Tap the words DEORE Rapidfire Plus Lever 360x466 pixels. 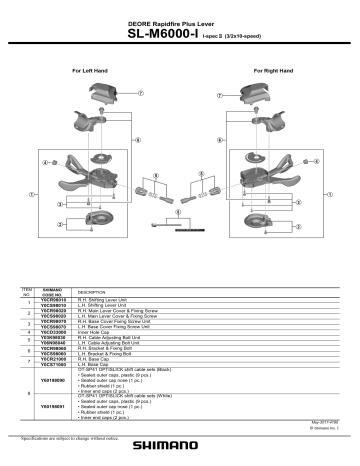(x=179, y=19)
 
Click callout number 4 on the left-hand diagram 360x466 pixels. (x=46, y=161)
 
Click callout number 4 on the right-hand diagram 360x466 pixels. (x=314, y=161)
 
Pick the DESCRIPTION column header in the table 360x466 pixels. (x=91, y=292)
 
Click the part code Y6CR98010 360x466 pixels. (x=53, y=299)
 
